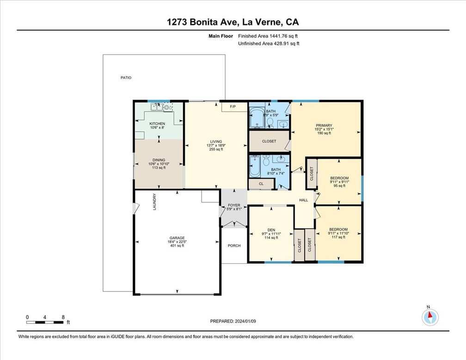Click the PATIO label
pos(126,78)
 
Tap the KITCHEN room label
pos(157,124)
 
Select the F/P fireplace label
pos(233,106)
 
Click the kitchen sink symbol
pos(157,107)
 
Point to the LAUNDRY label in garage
pos(154,202)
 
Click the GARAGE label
pos(177,238)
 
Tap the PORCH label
pos(234,245)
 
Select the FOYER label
pos(234,205)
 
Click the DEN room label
pos(271,230)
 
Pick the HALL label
pos(303,200)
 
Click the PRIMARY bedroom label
pos(324,125)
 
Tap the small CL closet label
pos(261,184)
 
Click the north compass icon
pos(430,317)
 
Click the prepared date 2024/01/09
pos(245,321)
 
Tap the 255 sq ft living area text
pos(216,149)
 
